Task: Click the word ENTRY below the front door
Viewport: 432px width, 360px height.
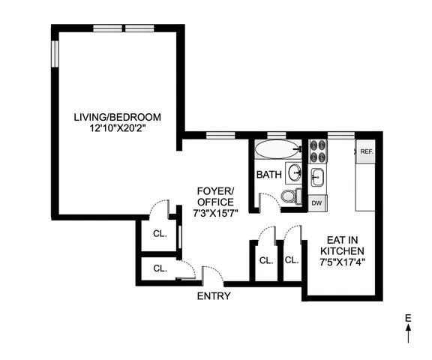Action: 213,296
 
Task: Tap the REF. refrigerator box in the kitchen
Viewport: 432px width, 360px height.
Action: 366,151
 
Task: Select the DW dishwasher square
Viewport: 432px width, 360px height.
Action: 316,202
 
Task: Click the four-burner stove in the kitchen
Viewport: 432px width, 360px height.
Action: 316,152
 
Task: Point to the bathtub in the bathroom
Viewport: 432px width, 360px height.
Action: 275,150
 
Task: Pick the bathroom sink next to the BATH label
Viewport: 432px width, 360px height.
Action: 293,172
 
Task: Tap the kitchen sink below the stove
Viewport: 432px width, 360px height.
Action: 317,178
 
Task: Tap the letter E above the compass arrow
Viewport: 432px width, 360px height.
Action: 408,320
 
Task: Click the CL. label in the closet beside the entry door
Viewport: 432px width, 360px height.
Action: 160,268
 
